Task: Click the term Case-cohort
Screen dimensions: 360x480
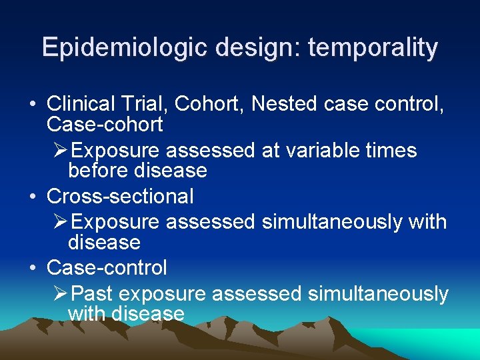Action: click(105, 125)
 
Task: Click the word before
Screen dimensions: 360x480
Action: click(99, 171)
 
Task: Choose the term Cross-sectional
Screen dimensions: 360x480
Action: click(120, 197)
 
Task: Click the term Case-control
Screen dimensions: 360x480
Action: click(107, 268)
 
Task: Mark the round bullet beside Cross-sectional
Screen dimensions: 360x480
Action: click(33, 197)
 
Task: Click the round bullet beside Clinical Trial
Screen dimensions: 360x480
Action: click(33, 105)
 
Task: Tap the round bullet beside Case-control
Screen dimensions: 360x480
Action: click(33, 269)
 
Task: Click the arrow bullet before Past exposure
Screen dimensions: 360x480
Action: click(60, 293)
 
